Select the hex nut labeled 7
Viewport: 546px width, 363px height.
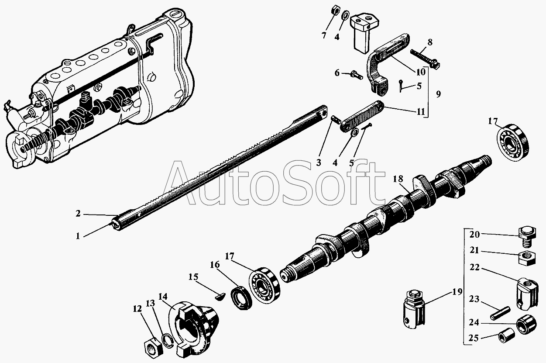click(x=334, y=9)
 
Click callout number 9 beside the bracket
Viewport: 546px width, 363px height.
click(x=438, y=93)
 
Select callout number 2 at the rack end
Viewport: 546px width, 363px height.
click(x=77, y=214)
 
